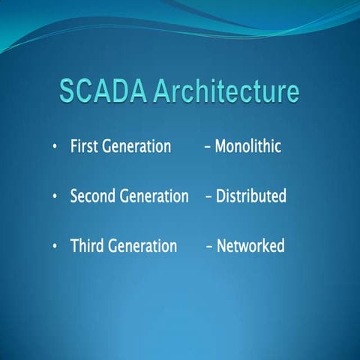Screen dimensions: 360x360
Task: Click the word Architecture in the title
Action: point(226,91)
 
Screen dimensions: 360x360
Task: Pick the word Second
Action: point(93,196)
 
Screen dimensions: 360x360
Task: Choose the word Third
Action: point(86,246)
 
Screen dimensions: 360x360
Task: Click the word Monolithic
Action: point(247,146)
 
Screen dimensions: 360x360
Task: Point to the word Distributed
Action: point(251,196)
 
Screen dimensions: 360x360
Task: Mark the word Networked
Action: point(250,246)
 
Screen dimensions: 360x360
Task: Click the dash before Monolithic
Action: point(207,147)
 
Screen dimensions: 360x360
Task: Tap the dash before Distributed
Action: point(209,197)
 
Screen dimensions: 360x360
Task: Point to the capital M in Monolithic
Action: point(220,146)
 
